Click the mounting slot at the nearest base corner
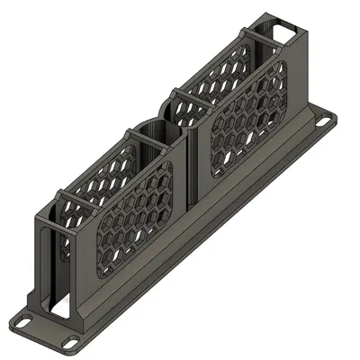[69, 342]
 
